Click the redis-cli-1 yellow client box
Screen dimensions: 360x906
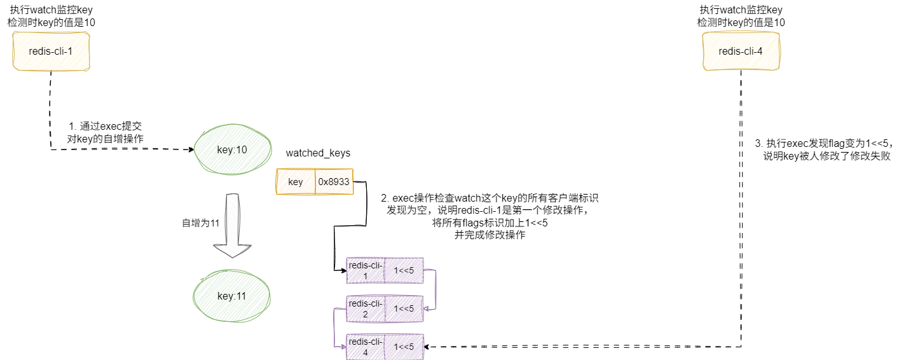(x=51, y=52)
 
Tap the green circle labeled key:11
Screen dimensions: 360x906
(x=231, y=296)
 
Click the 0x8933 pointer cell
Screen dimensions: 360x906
(x=334, y=182)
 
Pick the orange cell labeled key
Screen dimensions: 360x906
(x=296, y=182)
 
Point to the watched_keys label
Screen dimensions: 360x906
(x=318, y=153)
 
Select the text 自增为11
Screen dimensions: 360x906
(x=200, y=223)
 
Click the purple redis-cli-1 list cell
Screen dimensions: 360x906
(x=365, y=271)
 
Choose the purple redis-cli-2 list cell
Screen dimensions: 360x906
(x=365, y=308)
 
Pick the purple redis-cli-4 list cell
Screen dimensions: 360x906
(x=365, y=347)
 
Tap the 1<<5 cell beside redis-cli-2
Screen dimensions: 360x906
(x=404, y=308)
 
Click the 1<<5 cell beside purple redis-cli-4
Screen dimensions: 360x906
(x=404, y=347)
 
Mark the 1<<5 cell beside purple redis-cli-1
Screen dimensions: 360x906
(x=404, y=271)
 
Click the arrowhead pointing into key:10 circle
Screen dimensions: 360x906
(x=191, y=150)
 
